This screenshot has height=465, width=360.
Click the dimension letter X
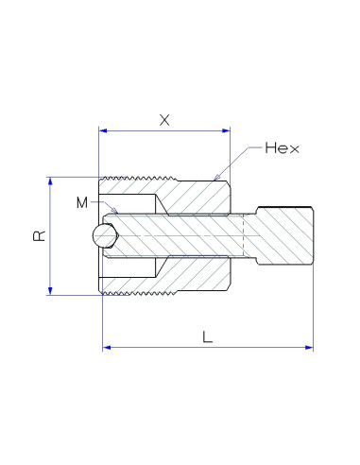point(165,120)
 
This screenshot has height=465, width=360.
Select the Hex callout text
point(282,148)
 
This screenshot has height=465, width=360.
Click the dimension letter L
point(205,335)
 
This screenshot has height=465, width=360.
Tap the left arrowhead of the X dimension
point(104,131)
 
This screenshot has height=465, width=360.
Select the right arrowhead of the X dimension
point(226,131)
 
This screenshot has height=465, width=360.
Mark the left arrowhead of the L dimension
point(107,348)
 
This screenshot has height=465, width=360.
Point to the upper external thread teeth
point(128,178)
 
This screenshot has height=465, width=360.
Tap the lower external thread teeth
point(128,295)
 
